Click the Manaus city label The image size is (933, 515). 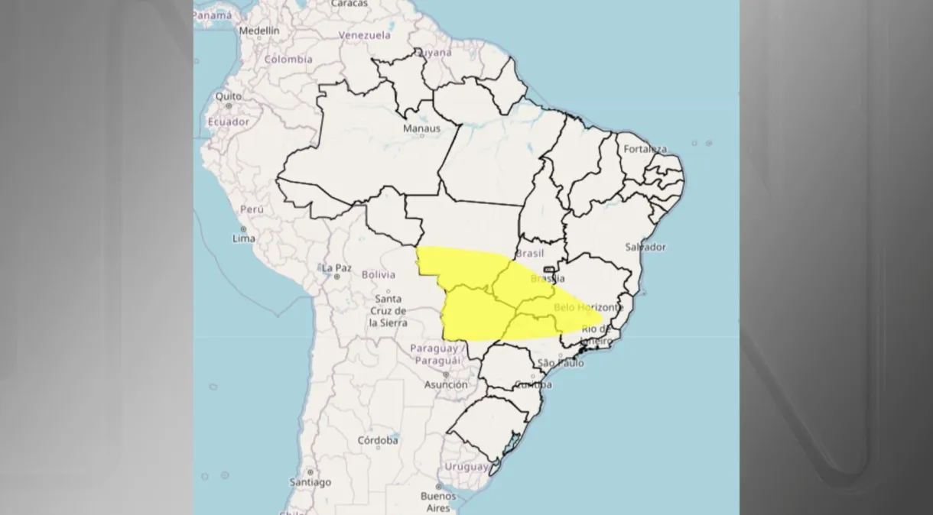421,128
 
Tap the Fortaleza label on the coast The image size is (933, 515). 645,149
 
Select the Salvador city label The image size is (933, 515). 645,247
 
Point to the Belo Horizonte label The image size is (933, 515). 589,306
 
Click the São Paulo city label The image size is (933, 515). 561,362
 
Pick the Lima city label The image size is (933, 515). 244,238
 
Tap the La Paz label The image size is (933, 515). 336,267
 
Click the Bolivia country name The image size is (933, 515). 379,274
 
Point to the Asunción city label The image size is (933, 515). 446,384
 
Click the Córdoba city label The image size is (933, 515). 378,440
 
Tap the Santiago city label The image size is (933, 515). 310,482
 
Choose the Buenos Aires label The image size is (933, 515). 438,502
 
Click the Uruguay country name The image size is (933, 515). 466,466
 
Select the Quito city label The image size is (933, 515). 229,96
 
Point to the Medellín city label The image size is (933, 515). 259,31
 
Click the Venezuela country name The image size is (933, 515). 365,35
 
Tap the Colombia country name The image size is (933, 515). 288,59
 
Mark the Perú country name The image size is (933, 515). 252,209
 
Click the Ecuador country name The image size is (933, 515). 228,121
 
